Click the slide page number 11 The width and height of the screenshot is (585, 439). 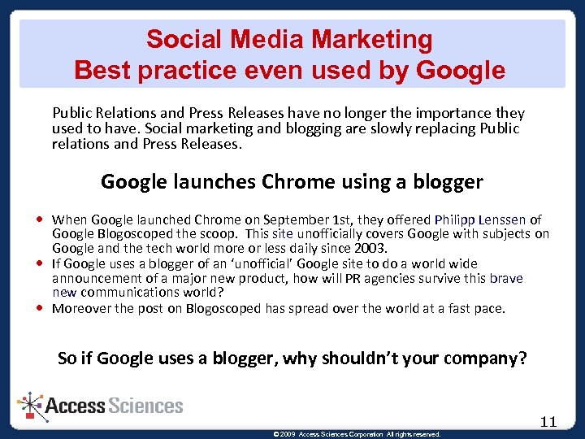(548, 421)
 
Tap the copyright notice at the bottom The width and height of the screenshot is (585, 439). (358, 434)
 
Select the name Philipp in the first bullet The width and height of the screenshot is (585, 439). (457, 219)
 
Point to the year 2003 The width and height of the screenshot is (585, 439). (371, 248)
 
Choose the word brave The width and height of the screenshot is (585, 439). (506, 278)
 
